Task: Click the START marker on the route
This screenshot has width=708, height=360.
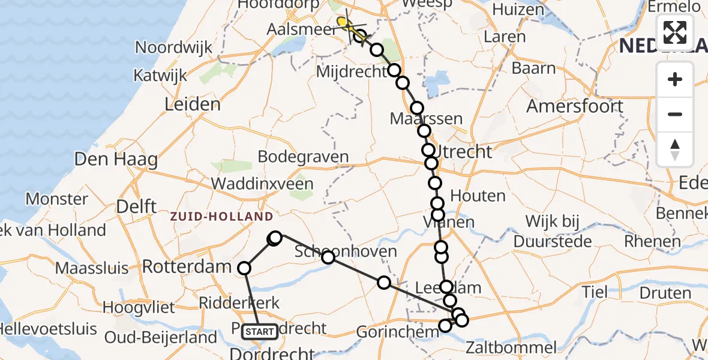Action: point(260,331)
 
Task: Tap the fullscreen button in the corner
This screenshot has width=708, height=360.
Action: point(675,32)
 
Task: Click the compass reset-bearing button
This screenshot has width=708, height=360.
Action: point(675,149)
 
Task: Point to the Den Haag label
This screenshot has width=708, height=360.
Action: point(116,160)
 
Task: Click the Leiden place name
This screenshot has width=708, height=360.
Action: point(193,104)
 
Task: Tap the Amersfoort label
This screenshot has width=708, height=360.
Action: point(575,107)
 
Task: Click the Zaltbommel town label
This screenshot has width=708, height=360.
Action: point(511,347)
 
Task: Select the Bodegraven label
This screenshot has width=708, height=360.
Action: point(303,157)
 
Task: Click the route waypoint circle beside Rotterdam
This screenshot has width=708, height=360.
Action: point(244,268)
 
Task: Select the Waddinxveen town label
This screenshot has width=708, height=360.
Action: point(262,184)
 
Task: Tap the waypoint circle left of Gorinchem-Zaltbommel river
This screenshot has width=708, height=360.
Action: point(445,326)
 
